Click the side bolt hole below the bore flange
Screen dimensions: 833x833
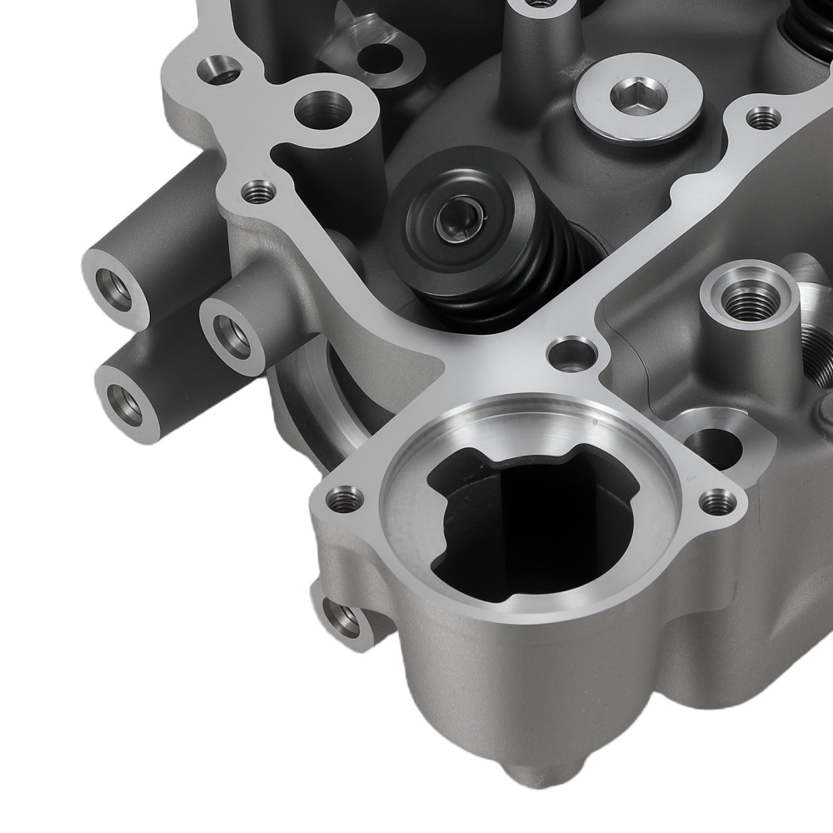pos(342,618)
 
